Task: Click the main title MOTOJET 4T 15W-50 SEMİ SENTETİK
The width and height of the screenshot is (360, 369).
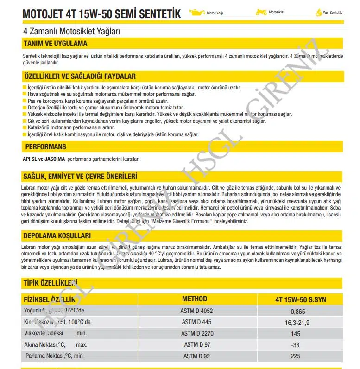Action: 101,14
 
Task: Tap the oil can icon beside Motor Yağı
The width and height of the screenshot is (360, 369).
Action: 197,13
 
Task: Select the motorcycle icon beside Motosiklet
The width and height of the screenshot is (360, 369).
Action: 261,13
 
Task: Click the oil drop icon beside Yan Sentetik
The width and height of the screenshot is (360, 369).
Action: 318,13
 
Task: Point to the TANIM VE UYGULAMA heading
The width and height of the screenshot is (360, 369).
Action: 55,44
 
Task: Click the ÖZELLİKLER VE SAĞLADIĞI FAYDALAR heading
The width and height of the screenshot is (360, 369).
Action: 79,76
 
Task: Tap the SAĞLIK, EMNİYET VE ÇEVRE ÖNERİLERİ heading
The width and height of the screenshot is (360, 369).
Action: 80,176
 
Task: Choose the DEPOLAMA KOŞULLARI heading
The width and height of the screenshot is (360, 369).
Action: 57,235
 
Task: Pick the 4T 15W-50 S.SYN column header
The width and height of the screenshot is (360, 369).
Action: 300,299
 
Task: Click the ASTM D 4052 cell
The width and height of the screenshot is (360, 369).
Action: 196,311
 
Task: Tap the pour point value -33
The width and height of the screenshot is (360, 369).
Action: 295,345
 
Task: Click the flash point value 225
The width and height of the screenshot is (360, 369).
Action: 295,356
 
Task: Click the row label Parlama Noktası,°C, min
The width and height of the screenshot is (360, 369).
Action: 53,356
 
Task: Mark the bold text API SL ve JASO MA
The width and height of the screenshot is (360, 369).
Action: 44,159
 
